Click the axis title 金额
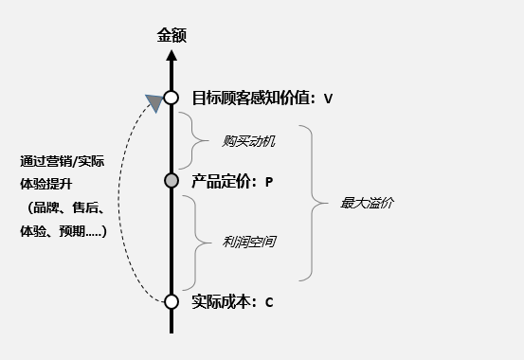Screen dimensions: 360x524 172,36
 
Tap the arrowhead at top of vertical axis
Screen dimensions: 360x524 172,55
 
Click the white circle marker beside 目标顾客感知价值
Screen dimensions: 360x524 172,97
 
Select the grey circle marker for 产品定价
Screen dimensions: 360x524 172,180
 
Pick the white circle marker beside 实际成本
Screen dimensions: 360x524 172,301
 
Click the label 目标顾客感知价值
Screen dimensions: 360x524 252,97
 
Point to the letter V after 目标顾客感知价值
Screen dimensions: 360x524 328,98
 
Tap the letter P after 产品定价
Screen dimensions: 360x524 269,182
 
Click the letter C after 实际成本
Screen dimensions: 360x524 269,302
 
